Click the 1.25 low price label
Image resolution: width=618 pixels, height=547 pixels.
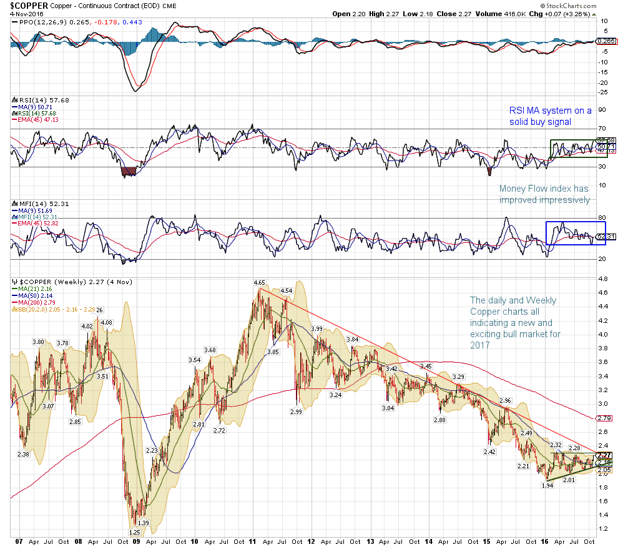pos(134,532)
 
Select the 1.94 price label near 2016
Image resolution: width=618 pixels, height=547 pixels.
pos(547,485)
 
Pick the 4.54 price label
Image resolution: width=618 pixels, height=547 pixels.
pos(287,291)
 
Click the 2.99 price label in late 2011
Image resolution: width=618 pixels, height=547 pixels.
pos(296,412)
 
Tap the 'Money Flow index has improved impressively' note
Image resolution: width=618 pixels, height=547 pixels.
pos(544,194)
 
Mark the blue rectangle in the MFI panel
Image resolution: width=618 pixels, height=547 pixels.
pos(571,232)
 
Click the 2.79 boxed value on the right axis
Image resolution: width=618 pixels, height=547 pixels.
pos(603,418)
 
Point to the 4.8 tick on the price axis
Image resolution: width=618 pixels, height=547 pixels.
pos(603,278)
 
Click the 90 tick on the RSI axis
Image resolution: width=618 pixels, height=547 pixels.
pos(602,110)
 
